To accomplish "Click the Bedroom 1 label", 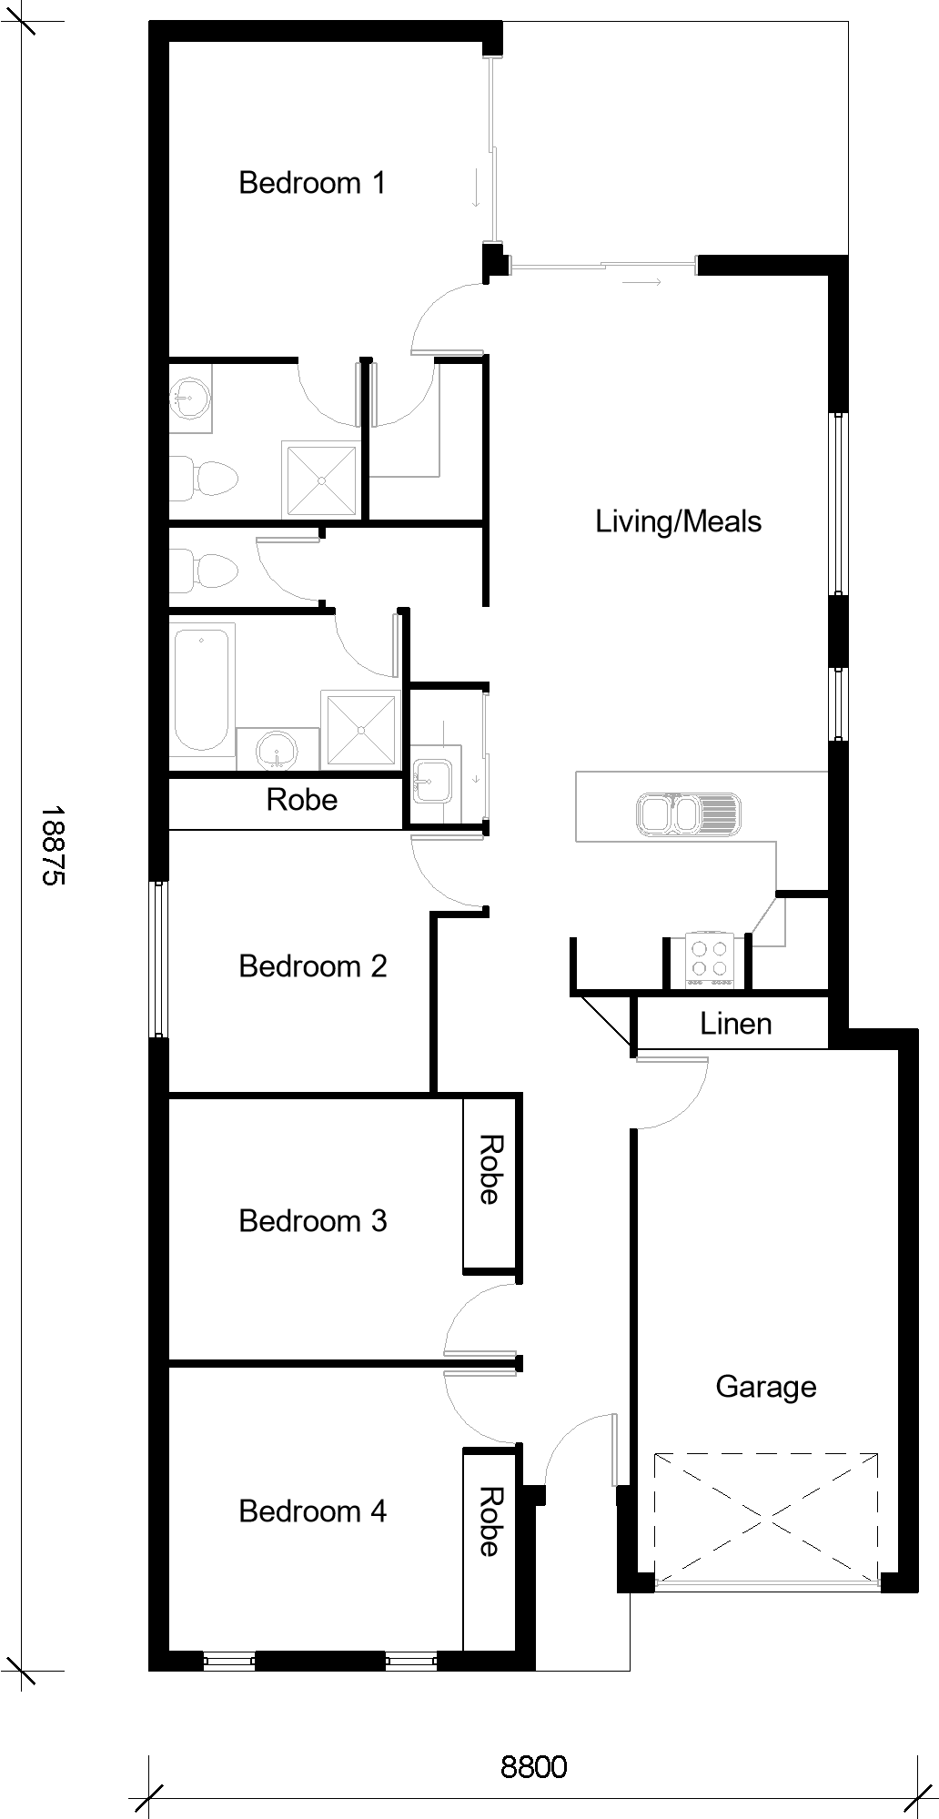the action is pyautogui.click(x=312, y=183).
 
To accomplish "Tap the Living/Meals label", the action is pyautogui.click(x=679, y=521).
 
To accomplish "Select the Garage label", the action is pyautogui.click(x=766, y=1387).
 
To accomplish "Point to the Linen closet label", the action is pyautogui.click(x=736, y=1024).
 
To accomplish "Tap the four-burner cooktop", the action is pyautogui.click(x=710, y=961).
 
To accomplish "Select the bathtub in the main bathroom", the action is pyautogui.click(x=202, y=688).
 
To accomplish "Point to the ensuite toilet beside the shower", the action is pyautogui.click(x=204, y=477).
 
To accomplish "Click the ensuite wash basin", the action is pyautogui.click(x=190, y=398).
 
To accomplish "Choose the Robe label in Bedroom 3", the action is pyautogui.click(x=490, y=1169).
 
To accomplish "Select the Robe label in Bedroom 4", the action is pyautogui.click(x=490, y=1521).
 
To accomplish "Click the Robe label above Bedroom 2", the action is pyautogui.click(x=302, y=800).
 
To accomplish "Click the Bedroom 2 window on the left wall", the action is pyautogui.click(x=160, y=959).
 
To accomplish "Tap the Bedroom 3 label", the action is pyautogui.click(x=313, y=1220).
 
